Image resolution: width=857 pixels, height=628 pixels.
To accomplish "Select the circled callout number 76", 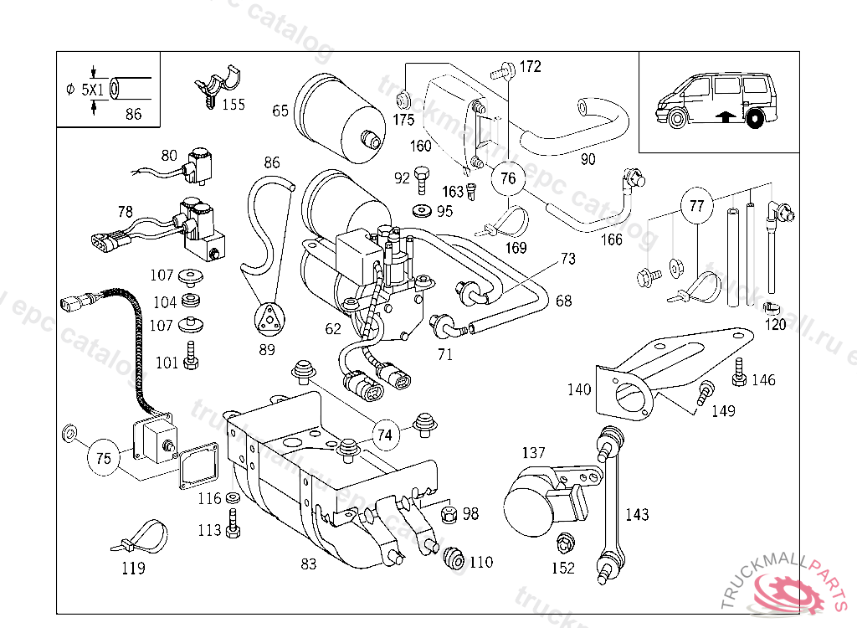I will point(508,178).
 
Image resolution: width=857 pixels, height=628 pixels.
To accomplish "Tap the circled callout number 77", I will point(696,204).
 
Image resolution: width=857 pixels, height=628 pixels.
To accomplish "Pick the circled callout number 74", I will point(384,435).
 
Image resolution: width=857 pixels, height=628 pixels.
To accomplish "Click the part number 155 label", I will point(233,105).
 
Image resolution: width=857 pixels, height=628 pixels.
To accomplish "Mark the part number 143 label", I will point(637,515).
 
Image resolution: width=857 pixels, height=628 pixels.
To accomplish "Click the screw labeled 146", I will point(739,373).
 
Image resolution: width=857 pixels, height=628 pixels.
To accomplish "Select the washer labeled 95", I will point(422,209).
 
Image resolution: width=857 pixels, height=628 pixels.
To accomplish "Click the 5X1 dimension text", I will point(94,88).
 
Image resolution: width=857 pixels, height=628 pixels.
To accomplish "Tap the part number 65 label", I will point(280,111).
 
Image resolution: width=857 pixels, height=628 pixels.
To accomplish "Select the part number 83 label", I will point(309,564).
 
